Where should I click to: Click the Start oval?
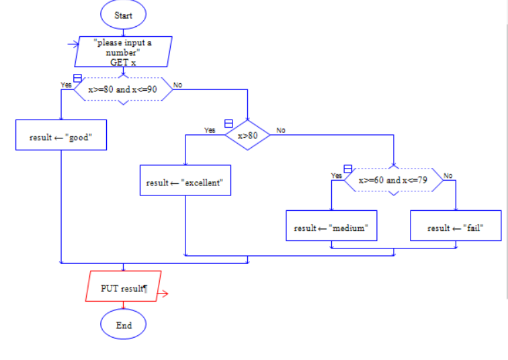[123, 15]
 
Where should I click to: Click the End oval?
[123, 325]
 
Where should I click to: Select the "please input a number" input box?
[124, 52]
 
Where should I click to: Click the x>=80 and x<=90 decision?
[123, 89]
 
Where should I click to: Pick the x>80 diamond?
[247, 135]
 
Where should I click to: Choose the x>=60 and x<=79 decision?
[394, 180]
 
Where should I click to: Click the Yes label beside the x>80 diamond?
[210, 130]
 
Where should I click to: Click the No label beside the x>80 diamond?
[281, 130]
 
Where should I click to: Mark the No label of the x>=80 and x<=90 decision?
[177, 85]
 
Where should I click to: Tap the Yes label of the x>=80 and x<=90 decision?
[66, 85]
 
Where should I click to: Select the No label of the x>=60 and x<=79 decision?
[448, 175]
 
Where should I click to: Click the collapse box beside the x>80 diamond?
[228, 124]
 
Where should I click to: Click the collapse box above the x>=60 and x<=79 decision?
[347, 169]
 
